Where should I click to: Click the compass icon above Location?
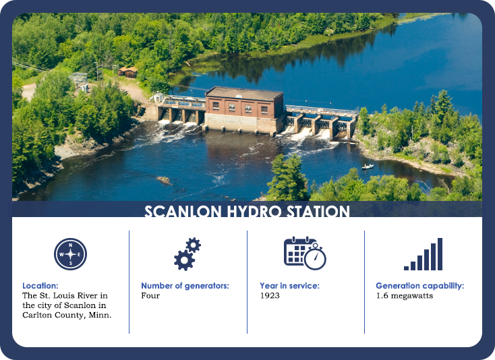point(70,254)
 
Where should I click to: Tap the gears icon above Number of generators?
point(187,253)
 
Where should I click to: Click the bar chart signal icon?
point(423,254)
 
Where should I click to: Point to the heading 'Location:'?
point(40,286)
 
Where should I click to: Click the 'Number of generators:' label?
point(185,286)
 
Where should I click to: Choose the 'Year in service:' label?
point(289,286)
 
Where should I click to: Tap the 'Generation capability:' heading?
point(419,286)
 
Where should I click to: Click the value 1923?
point(270,295)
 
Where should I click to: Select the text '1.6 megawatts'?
point(404,295)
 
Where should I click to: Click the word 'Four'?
point(150,295)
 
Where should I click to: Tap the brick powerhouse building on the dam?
point(243,108)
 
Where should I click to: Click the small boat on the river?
point(368,166)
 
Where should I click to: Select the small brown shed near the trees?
point(127,71)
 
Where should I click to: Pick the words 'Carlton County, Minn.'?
point(67,314)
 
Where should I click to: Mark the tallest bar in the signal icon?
point(440,254)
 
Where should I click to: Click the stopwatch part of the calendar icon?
point(316,258)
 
